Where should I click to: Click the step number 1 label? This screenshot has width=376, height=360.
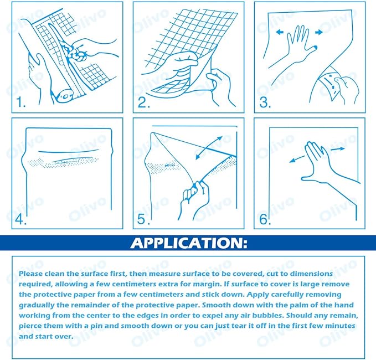[x=21, y=102]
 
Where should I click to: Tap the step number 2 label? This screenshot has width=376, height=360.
[x=144, y=102]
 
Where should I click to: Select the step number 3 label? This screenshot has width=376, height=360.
[x=265, y=102]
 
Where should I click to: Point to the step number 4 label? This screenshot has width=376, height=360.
[x=20, y=219]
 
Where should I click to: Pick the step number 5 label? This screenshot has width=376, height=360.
[x=143, y=219]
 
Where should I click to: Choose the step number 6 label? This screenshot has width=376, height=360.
[x=265, y=219]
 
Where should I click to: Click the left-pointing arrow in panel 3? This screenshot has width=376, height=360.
[x=280, y=32]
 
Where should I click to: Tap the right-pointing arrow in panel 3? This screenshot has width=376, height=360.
[x=319, y=32]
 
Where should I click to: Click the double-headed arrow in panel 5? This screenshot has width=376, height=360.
[x=209, y=147]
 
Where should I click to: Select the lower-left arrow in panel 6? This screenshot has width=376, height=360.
[x=297, y=159]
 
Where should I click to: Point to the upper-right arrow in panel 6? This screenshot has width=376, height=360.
[x=338, y=149]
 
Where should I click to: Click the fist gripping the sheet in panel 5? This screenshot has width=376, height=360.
[x=195, y=194]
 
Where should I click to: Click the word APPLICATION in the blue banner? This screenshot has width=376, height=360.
[x=188, y=243]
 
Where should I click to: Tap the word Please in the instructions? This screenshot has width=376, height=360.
[x=30, y=274]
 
